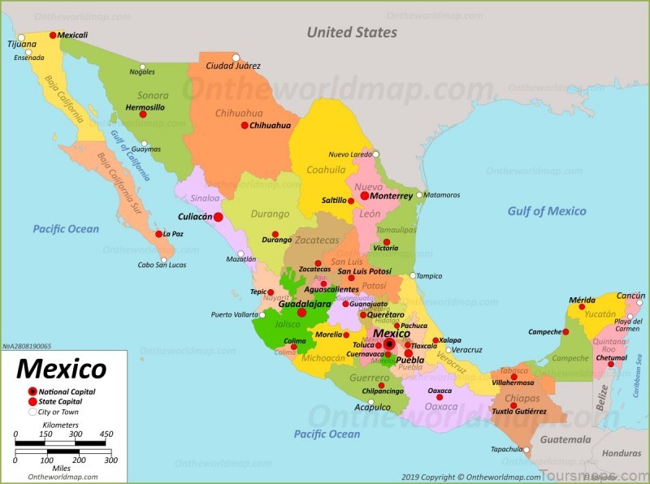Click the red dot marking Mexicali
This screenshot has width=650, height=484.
pos(54,35)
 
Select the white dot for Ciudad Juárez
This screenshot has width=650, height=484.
pos(235,57)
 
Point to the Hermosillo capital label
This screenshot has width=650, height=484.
pos(145,106)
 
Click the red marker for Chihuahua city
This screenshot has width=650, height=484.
pos(244,125)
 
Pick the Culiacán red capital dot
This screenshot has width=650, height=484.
pos(218,217)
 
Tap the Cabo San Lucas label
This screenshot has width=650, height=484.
pos(162,264)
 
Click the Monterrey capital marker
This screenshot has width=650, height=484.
pos(365,196)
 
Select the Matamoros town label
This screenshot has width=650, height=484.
pos(443,195)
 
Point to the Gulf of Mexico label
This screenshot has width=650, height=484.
pos(546,211)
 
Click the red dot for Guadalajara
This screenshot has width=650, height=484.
pos(301,312)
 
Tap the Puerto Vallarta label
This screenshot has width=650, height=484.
pos(236,314)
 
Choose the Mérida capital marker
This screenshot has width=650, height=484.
pos(581,307)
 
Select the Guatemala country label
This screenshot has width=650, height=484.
pos(566,439)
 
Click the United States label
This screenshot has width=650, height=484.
pos(351,32)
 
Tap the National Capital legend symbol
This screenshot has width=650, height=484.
pos(32,391)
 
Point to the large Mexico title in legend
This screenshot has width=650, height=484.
pos(61,369)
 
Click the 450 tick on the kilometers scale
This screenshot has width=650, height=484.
pos(106,434)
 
